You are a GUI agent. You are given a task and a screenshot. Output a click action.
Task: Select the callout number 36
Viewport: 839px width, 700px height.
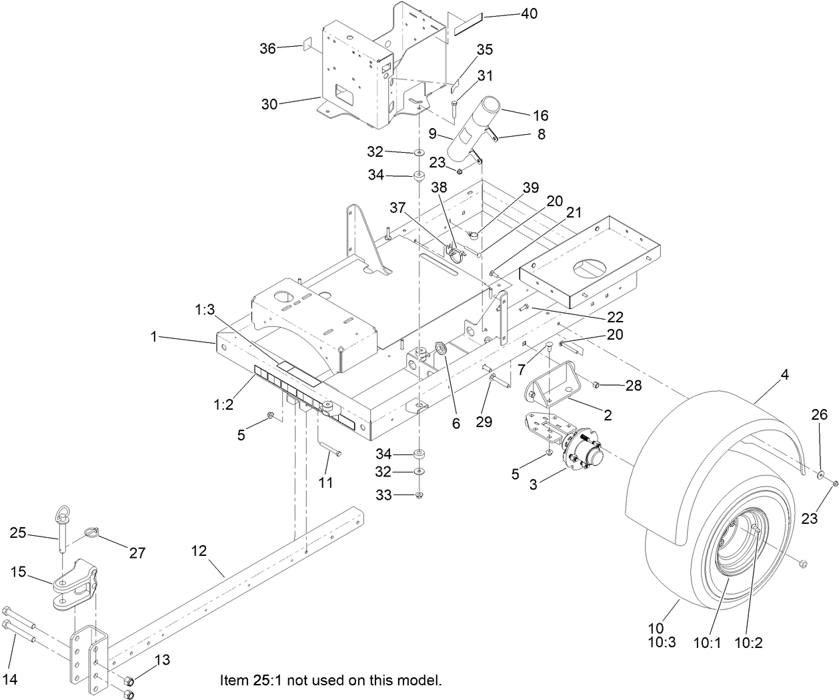coord(267,49)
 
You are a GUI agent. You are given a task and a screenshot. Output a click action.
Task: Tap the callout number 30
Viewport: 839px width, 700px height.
coord(269,104)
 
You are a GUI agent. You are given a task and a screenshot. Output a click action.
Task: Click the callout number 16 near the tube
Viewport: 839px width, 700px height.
coord(540,115)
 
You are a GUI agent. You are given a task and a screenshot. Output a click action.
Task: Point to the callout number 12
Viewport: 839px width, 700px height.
coord(199,551)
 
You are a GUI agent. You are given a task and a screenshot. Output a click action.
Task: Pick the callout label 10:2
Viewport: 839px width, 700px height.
coord(748,643)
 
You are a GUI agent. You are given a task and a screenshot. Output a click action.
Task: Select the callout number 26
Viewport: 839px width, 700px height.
coord(819,415)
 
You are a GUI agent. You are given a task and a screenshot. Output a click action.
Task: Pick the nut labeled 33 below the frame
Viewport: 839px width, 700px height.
coord(419,495)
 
